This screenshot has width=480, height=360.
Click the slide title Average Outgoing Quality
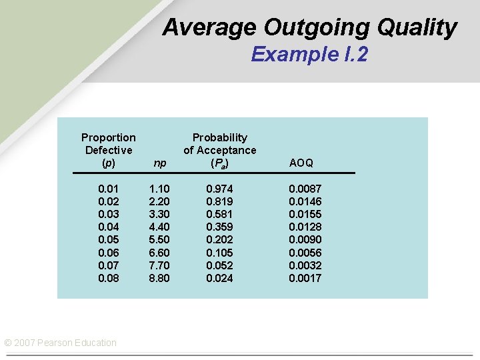click(x=309, y=27)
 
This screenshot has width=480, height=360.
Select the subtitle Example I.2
click(x=309, y=54)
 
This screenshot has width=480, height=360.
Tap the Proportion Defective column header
click(x=108, y=150)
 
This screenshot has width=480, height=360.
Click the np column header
click(x=159, y=163)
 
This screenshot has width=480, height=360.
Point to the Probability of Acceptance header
click(x=219, y=150)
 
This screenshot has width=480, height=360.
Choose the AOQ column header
click(x=301, y=163)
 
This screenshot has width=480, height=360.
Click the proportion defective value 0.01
click(x=109, y=189)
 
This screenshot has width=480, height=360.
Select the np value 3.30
click(x=159, y=215)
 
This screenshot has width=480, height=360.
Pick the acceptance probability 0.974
click(x=219, y=189)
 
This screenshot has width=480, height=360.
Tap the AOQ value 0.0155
click(x=305, y=215)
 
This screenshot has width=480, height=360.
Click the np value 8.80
click(x=159, y=278)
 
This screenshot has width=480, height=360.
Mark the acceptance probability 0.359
click(x=219, y=227)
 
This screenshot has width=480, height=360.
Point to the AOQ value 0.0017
click(x=305, y=278)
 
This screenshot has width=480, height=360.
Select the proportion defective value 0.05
click(x=109, y=240)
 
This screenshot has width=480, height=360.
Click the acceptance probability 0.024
click(x=219, y=278)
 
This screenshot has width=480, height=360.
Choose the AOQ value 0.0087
click(x=305, y=189)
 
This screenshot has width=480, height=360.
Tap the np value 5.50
click(x=159, y=240)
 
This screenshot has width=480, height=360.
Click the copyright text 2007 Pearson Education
click(x=61, y=343)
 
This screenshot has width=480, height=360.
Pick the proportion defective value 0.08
click(x=109, y=278)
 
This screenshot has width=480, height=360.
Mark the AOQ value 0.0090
click(x=305, y=240)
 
